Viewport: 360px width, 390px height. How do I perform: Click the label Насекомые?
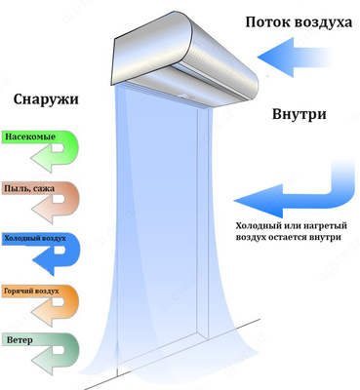pyautogui.click(x=31, y=138)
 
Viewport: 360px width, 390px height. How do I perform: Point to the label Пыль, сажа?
pyautogui.click(x=31, y=190)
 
